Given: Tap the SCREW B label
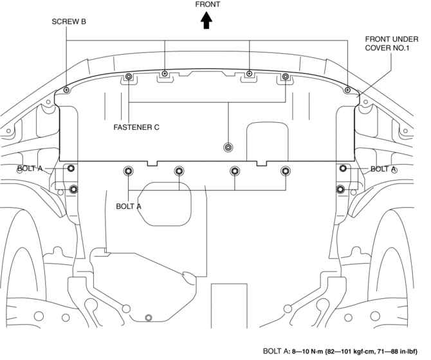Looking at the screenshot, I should [x=69, y=21].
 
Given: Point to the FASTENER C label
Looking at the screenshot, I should [x=137, y=127].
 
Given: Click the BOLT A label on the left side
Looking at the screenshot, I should [x=30, y=169].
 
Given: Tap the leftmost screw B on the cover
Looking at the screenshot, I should [x=66, y=91].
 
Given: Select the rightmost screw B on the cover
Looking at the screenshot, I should [x=347, y=91].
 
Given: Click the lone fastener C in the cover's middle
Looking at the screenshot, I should [x=228, y=148].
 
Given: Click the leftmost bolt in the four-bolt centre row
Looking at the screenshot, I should [x=128, y=170].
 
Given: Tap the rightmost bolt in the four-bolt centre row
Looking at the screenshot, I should [x=286, y=170].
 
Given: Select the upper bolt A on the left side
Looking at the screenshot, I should [x=71, y=168].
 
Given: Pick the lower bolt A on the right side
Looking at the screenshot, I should [x=340, y=189].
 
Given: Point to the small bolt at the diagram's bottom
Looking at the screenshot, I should [x=149, y=317].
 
